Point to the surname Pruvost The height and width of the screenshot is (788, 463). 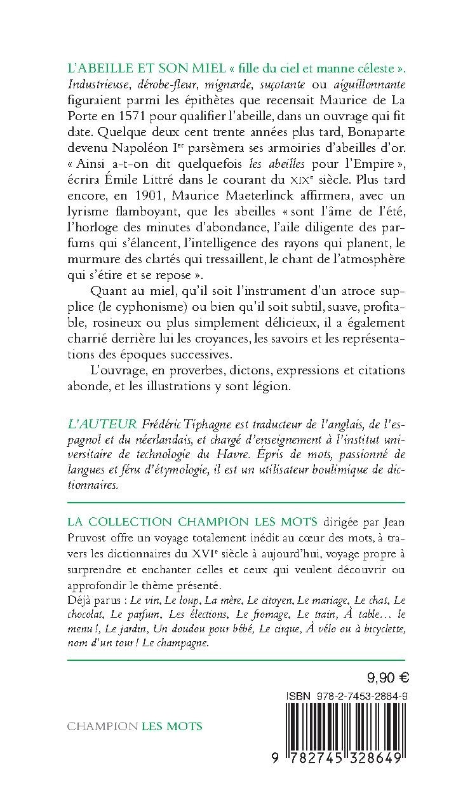pyautogui.click(x=88, y=538)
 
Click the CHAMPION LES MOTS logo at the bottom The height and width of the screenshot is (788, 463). pyautogui.click(x=134, y=726)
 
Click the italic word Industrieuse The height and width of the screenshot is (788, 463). pyautogui.click(x=102, y=85)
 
